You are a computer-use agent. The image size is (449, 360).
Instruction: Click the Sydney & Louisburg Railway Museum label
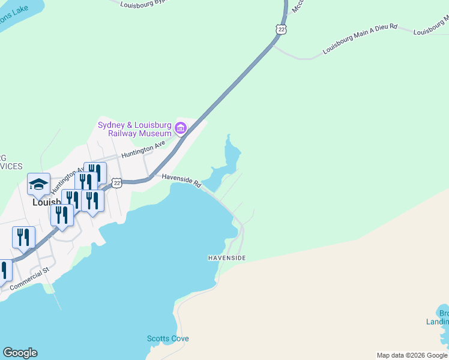(x=135, y=129)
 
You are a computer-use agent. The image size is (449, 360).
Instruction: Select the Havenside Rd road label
(x=181, y=180)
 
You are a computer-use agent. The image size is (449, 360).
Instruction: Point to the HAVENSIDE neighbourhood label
(x=227, y=258)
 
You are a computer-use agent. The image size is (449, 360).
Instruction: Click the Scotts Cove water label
(x=168, y=339)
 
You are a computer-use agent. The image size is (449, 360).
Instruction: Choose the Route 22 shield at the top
(x=282, y=29)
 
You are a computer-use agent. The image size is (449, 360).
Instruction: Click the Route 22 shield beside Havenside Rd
(x=118, y=183)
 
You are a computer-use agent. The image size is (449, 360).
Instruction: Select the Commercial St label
(x=30, y=280)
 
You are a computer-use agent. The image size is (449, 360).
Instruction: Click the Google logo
(x=20, y=353)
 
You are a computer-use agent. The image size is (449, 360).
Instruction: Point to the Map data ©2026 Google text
(x=412, y=355)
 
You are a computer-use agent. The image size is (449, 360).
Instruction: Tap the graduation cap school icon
(x=38, y=184)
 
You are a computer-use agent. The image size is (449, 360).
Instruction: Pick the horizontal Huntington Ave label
(x=143, y=149)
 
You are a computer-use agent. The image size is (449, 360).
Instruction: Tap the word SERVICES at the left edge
(x=11, y=166)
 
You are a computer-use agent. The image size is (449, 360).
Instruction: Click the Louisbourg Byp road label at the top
(x=142, y=3)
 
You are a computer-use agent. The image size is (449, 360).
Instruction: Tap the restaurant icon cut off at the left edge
(x=4, y=271)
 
